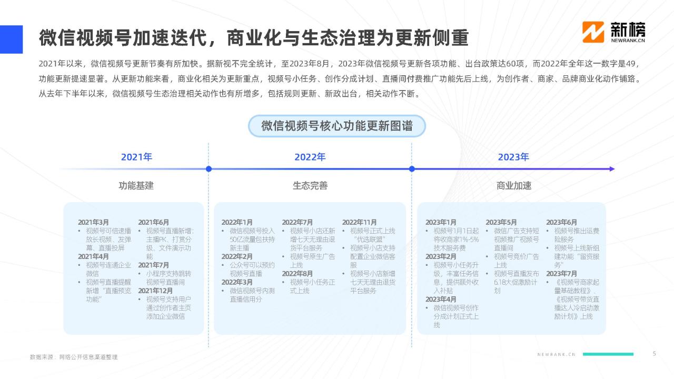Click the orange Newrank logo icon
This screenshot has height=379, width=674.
pyautogui.click(x=593, y=32)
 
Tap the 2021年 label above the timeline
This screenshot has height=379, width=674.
pyautogui.click(x=136, y=157)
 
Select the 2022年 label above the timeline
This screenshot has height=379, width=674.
pyautogui.click(x=310, y=157)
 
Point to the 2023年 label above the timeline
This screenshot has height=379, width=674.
pyautogui.click(x=513, y=157)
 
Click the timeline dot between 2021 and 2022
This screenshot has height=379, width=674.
pyautogui.click(x=209, y=169)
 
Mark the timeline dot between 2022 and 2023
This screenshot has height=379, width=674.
pyautogui.click(x=412, y=169)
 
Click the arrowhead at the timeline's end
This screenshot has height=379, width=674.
pyautogui.click(x=612, y=169)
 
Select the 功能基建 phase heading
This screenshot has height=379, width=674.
pyautogui.click(x=136, y=186)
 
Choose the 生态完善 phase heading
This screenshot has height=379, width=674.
pyautogui.click(x=310, y=186)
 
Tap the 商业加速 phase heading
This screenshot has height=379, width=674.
pyautogui.click(x=513, y=186)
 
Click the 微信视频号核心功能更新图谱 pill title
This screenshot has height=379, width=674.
pyautogui.click(x=336, y=126)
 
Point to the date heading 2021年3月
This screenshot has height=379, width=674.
pyautogui.click(x=93, y=222)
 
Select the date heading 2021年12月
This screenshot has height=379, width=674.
pyautogui.click(x=155, y=291)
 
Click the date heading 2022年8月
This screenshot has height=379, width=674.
pyautogui.click(x=298, y=274)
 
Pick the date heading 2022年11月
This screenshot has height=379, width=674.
pyautogui.click(x=359, y=222)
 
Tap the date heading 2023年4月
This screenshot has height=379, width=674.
pyautogui.click(x=441, y=300)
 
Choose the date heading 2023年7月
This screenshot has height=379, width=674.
pyautogui.click(x=561, y=274)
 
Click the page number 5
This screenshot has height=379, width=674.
pyautogui.click(x=654, y=354)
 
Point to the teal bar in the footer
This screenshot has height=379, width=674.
pyautogui.click(x=608, y=354)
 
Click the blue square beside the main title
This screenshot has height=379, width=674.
pyautogui.click(x=12, y=39)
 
